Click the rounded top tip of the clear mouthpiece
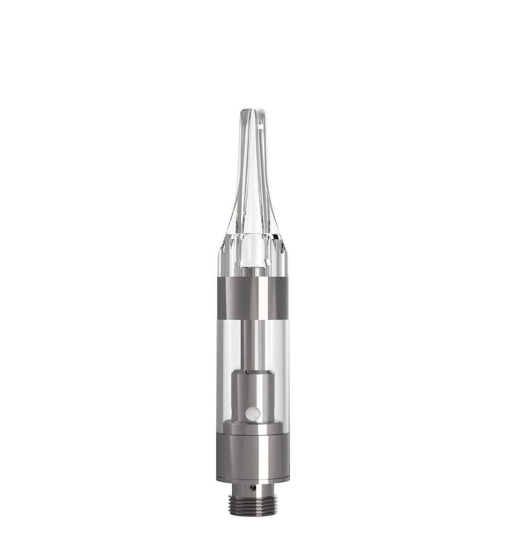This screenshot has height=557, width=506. (x=254, y=110)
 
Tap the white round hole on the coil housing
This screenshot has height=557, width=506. (x=252, y=414)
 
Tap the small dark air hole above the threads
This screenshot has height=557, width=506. (x=252, y=489)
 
